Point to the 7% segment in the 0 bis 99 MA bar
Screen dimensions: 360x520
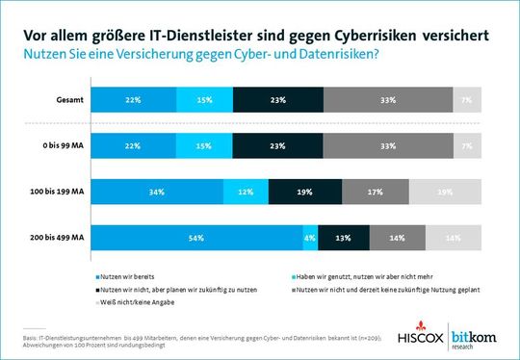(x=467, y=145)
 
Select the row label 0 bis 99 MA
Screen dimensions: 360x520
(x=65, y=145)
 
